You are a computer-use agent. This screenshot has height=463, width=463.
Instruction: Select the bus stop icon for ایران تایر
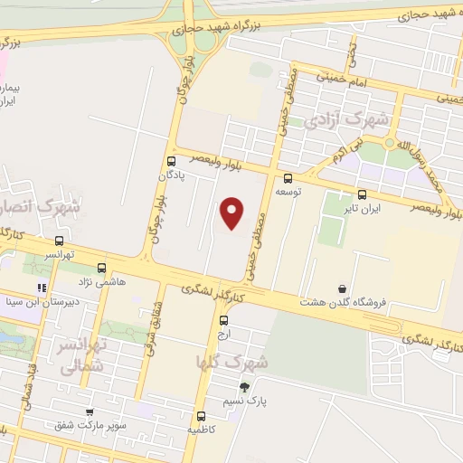(x=363, y=194)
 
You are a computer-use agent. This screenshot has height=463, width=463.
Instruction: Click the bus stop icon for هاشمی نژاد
(x=101, y=268)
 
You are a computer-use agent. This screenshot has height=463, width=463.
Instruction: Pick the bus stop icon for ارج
(x=224, y=319)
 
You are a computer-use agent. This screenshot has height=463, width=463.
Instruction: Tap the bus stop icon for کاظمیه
(x=201, y=417)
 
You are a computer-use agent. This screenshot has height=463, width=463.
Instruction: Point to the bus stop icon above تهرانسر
(x=60, y=241)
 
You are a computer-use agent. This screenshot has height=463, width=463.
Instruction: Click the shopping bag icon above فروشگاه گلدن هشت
(x=342, y=289)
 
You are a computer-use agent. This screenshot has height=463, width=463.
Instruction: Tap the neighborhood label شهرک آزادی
(x=347, y=119)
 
